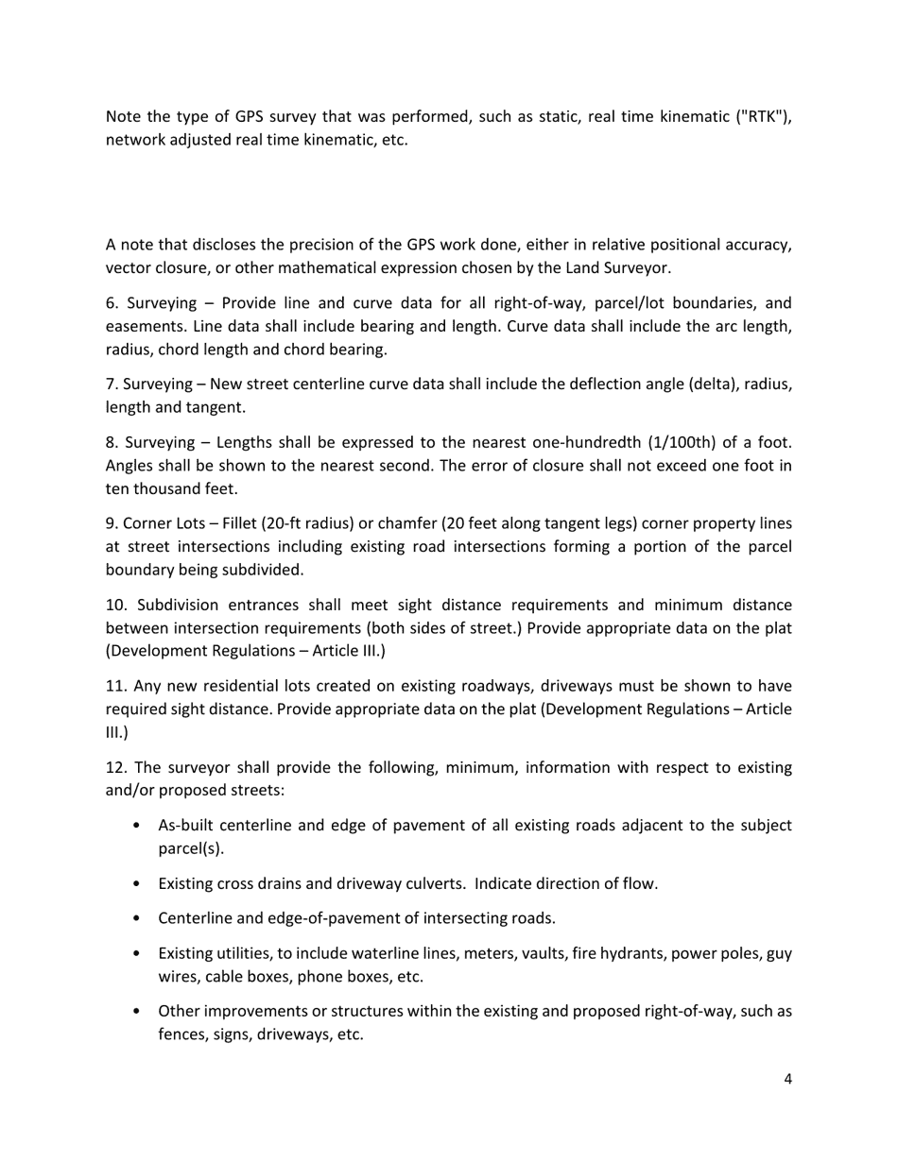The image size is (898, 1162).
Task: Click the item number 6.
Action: click(112, 303)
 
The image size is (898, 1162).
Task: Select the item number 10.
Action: click(115, 605)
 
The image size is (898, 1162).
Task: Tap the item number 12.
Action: click(115, 767)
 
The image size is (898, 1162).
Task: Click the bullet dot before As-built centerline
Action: click(138, 826)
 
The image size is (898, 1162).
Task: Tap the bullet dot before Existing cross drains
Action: click(138, 883)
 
